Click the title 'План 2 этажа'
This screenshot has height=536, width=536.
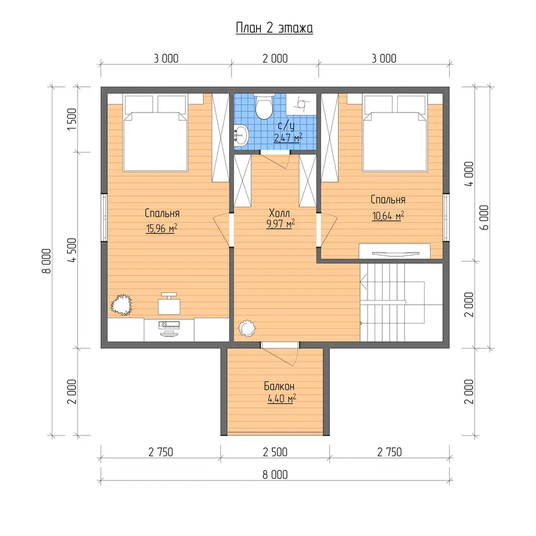click(x=274, y=28)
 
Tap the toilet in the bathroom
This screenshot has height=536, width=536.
click(x=264, y=107)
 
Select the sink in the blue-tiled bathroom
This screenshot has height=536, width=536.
click(x=242, y=135)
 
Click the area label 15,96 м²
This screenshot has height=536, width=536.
click(x=161, y=228)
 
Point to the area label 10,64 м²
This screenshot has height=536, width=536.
click(x=388, y=216)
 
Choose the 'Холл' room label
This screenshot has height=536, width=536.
click(x=279, y=213)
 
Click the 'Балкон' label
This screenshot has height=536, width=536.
click(x=279, y=387)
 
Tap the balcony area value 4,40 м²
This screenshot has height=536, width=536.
click(x=282, y=398)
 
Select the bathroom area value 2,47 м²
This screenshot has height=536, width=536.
click(x=288, y=138)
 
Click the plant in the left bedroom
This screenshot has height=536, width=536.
click(x=121, y=304)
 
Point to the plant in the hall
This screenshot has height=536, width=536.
click(x=247, y=329)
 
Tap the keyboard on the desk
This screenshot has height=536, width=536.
click(x=169, y=324)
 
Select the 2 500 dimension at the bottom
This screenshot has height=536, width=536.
click(x=275, y=452)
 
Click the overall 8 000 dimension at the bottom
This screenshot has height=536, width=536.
click(x=275, y=475)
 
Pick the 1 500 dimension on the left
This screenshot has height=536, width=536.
click(x=72, y=119)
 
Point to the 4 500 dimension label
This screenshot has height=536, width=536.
click(x=72, y=250)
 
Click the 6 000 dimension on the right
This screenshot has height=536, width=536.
click(x=484, y=217)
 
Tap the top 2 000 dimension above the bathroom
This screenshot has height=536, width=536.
click(x=275, y=58)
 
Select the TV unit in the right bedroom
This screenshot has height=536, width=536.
click(x=394, y=251)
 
